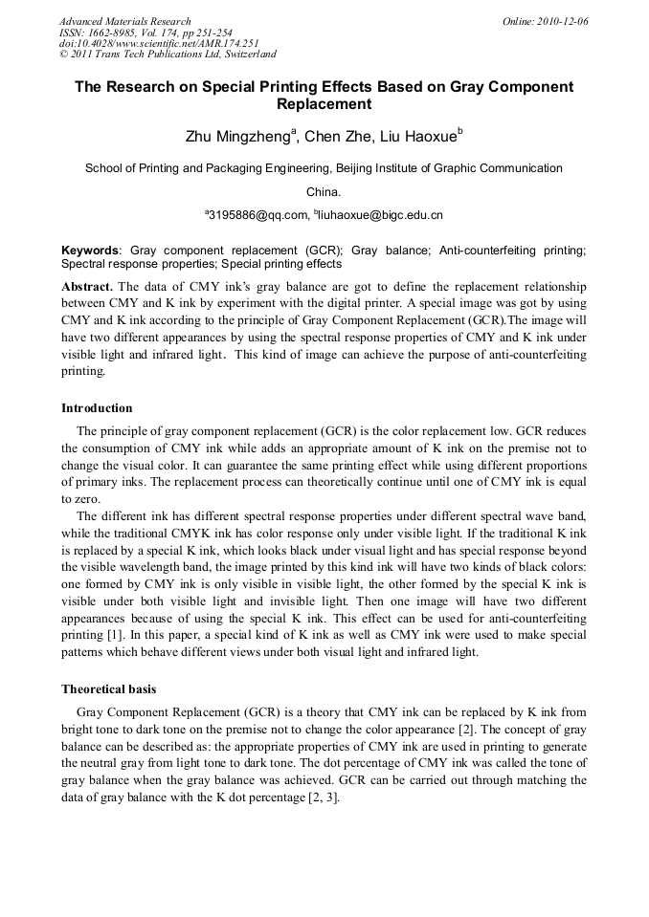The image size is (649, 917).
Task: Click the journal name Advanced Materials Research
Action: click(125, 21)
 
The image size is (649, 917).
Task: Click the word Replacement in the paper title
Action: click(324, 104)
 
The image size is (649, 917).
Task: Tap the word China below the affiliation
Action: click(324, 191)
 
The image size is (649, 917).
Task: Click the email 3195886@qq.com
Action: click(257, 216)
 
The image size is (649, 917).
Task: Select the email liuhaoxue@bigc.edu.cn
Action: click(380, 216)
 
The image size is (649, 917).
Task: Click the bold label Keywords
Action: click(91, 251)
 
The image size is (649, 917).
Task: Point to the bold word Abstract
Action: click(87, 287)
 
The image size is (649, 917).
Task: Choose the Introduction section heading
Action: click(97, 408)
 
